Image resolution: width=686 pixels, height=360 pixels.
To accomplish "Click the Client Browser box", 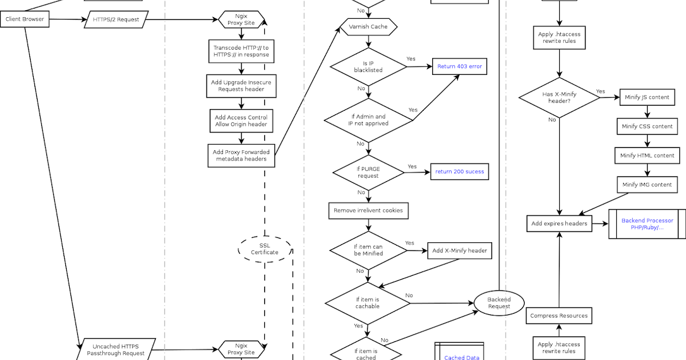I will pyautogui.click(x=25, y=19).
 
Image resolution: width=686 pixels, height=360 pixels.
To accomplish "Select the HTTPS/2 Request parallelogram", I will pyautogui.click(x=115, y=19).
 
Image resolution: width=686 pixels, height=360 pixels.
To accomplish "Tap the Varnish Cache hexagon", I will pyautogui.click(x=368, y=27).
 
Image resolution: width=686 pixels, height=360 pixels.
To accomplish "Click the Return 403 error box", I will pyautogui.click(x=459, y=66).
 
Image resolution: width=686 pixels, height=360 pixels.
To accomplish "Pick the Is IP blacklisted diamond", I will pyautogui.click(x=368, y=67).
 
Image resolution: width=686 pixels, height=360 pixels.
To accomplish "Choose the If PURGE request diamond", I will pyautogui.click(x=368, y=172).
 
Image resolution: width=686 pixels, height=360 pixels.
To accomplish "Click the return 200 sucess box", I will pyautogui.click(x=459, y=171).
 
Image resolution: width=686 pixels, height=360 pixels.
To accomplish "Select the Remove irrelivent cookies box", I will pyautogui.click(x=368, y=210).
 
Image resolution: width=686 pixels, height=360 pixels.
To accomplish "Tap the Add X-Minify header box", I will pyautogui.click(x=459, y=250).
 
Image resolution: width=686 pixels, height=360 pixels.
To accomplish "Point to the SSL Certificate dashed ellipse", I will pyautogui.click(x=265, y=249).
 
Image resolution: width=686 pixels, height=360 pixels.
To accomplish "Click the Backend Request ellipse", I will pyautogui.click(x=498, y=303).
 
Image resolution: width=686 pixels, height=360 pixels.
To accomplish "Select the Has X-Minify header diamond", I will pyautogui.click(x=559, y=97).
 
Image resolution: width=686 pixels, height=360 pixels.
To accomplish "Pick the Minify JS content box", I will pyautogui.click(x=647, y=97).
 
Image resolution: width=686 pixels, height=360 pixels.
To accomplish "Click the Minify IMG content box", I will pyautogui.click(x=647, y=185).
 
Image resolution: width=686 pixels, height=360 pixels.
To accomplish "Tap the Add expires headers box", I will pyautogui.click(x=559, y=223).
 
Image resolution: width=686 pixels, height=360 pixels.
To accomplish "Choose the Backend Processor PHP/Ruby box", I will pyautogui.click(x=647, y=223).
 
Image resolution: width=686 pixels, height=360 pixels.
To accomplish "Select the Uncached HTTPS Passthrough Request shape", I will pyautogui.click(x=115, y=349).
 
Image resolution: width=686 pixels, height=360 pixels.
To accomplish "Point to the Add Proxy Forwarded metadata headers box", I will pyautogui.click(x=241, y=155).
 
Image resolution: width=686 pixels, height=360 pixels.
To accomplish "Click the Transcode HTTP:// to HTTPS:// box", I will pyautogui.click(x=241, y=51).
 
